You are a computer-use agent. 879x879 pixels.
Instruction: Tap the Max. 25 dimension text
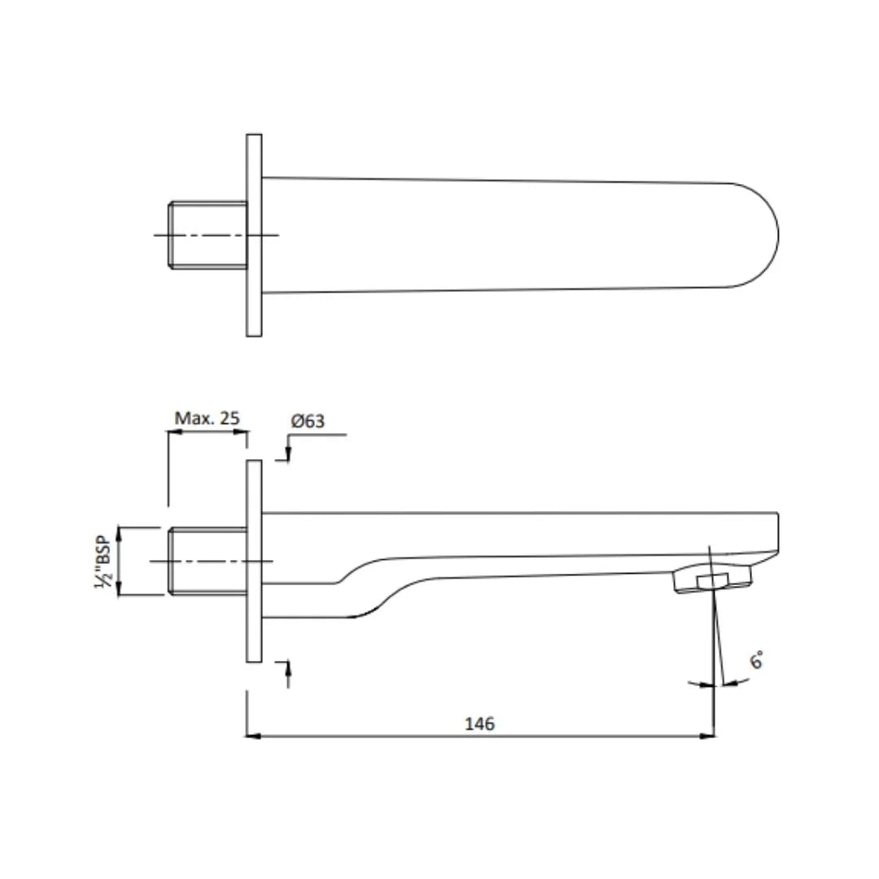[x=207, y=418]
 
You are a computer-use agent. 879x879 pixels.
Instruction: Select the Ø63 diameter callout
[x=308, y=421]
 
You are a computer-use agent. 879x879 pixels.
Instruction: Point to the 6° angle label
[x=756, y=660]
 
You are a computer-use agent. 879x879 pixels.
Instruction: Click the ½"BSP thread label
[x=103, y=562]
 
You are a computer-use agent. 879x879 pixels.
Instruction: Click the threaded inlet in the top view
[x=208, y=235]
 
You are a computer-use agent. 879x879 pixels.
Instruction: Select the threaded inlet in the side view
[x=208, y=562]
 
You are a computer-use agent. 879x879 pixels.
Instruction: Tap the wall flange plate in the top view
[x=254, y=235]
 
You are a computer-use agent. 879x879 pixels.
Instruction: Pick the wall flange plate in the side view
[x=254, y=562]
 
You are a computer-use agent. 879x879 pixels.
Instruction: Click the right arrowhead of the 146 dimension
[x=709, y=736]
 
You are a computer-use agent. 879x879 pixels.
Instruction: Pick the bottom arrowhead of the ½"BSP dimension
[x=119, y=591]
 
